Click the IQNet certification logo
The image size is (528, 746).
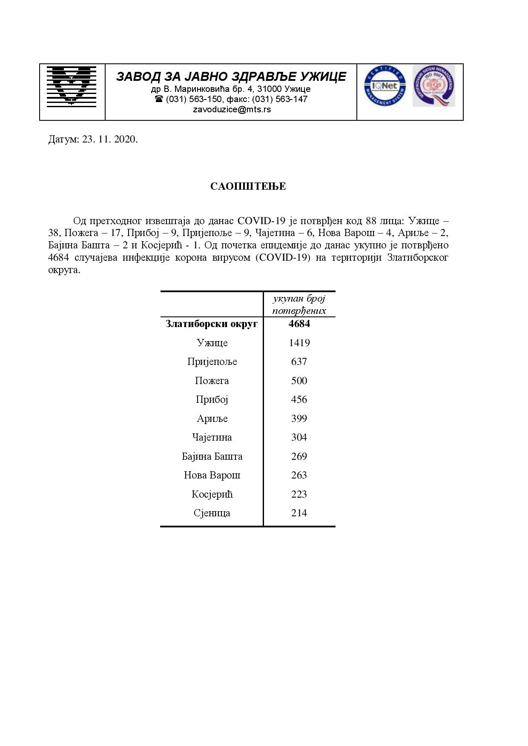(385, 86)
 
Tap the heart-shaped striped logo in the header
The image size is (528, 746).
(72, 86)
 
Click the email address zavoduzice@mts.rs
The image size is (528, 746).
(232, 109)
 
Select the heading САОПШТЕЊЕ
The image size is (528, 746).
(248, 186)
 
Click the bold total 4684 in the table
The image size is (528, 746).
(299, 324)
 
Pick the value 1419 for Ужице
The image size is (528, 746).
(299, 343)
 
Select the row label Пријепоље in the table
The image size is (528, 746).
(212, 362)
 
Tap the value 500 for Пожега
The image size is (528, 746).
(299, 381)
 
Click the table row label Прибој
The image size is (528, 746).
(212, 399)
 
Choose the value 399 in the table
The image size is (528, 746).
(299, 419)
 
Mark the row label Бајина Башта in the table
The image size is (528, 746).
(212, 456)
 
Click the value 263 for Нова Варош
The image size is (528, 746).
(299, 475)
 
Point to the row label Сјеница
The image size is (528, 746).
(212, 513)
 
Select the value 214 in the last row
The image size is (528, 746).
(299, 513)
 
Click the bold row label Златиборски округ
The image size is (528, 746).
(212, 324)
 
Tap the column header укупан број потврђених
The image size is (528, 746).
(299, 305)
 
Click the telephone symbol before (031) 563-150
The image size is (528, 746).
(159, 99)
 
